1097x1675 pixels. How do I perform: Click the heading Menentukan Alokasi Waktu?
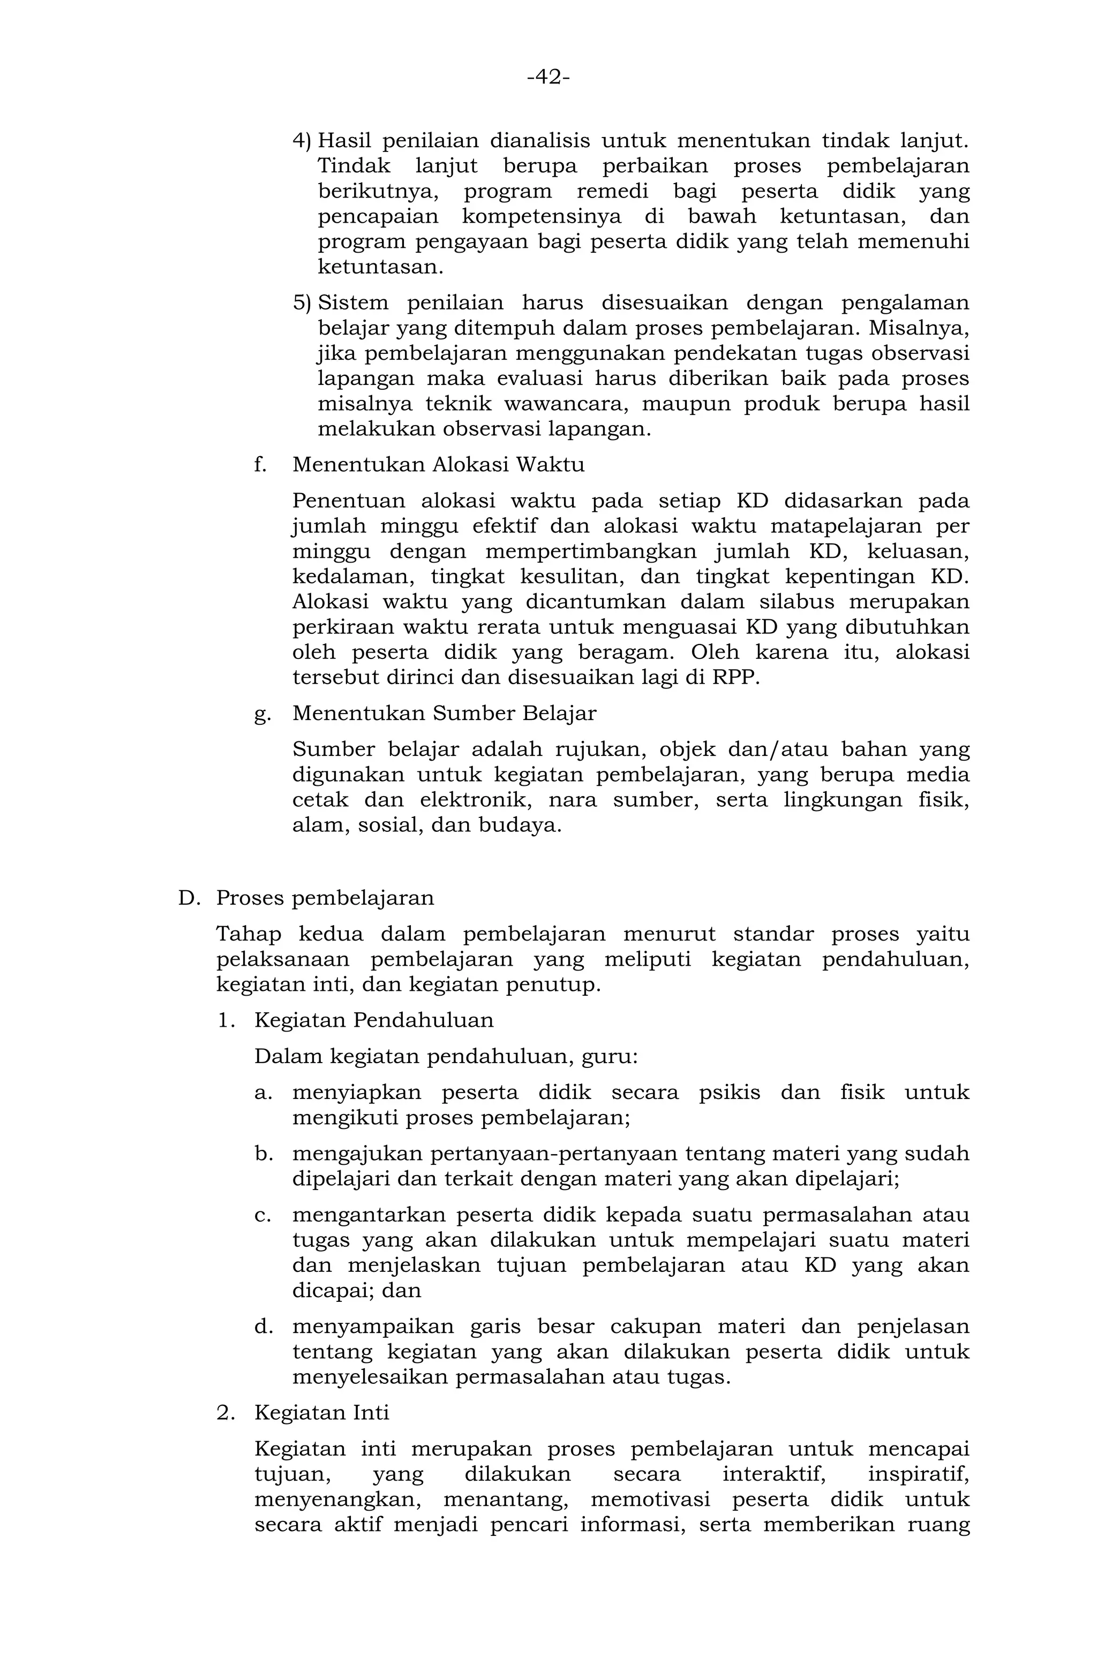(438, 465)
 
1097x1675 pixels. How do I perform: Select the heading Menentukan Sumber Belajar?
(444, 714)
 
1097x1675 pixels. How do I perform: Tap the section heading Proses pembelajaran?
(325, 899)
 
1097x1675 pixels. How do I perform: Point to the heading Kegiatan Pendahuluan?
(373, 1020)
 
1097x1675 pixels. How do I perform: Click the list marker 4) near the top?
(302, 141)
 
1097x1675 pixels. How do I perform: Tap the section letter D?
(189, 899)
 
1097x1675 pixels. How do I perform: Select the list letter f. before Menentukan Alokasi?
(260, 465)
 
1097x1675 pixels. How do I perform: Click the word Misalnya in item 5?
(919, 329)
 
